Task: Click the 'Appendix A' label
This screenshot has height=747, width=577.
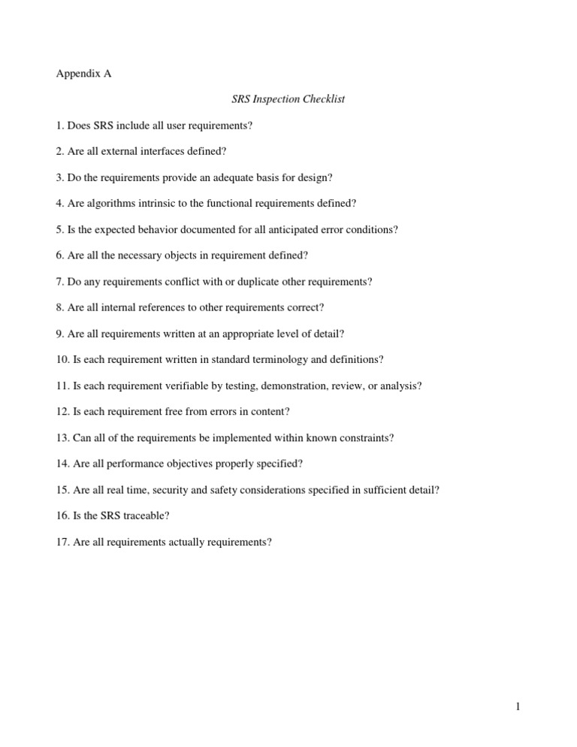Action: tap(83, 74)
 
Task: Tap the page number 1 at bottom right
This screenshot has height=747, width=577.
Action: tap(518, 707)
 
